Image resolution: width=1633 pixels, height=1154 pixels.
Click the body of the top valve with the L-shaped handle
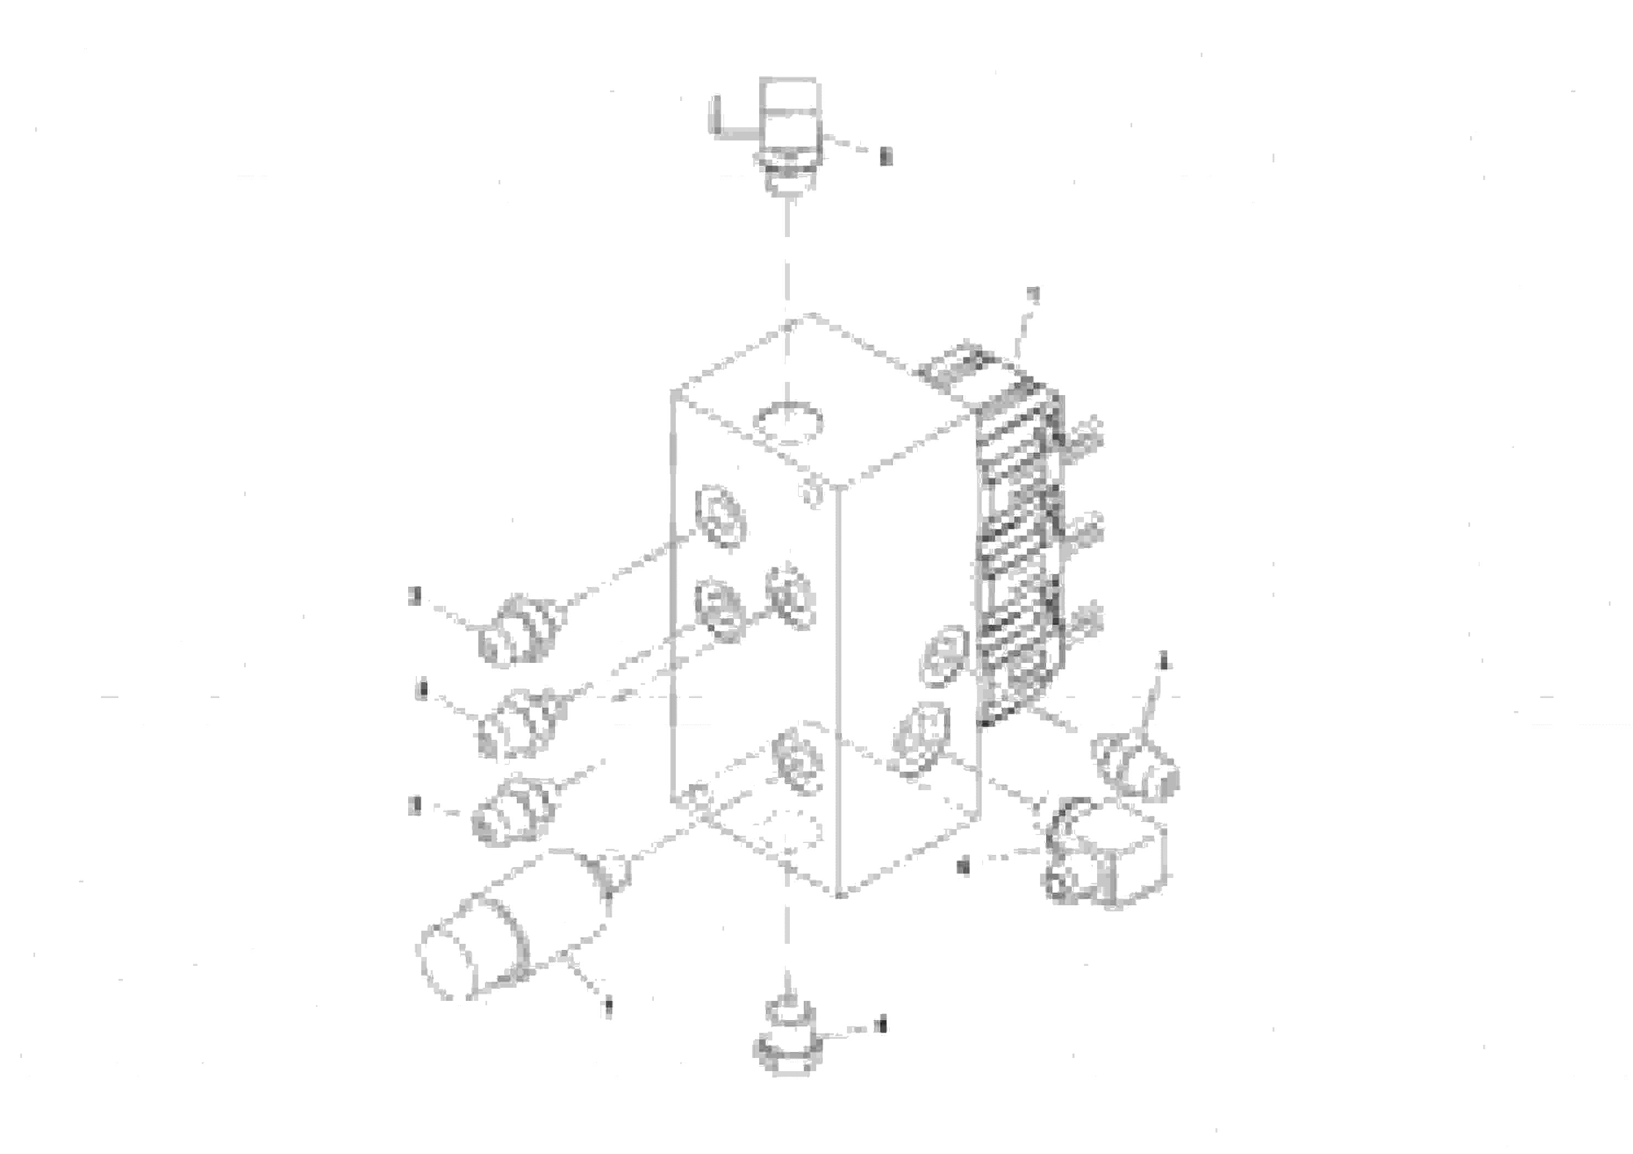(789, 121)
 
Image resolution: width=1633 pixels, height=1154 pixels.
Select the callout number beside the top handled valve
(885, 156)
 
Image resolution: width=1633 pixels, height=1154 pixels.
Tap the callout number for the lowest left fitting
(415, 807)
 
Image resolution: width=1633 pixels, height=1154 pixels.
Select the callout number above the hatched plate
(1035, 296)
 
